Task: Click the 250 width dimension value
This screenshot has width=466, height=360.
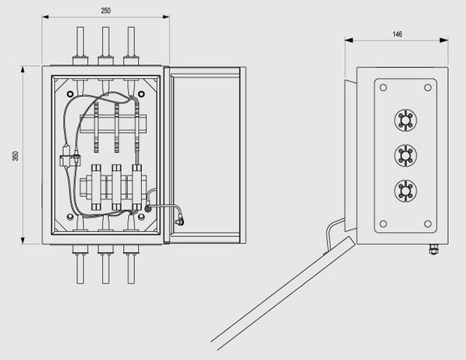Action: (106, 10)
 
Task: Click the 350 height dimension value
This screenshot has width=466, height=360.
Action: (15, 156)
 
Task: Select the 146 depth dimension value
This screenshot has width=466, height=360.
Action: (398, 34)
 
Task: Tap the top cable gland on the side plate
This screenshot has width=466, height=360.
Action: (405, 120)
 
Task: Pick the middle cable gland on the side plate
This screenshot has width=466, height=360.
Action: (405, 155)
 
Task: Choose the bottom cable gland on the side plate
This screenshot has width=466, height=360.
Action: (405, 190)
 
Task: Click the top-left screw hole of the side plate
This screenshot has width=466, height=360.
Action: (383, 88)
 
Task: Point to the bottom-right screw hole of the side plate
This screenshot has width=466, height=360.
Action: (428, 223)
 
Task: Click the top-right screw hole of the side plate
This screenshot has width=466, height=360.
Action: (428, 88)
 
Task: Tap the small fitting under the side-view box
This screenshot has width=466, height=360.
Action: (434, 250)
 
